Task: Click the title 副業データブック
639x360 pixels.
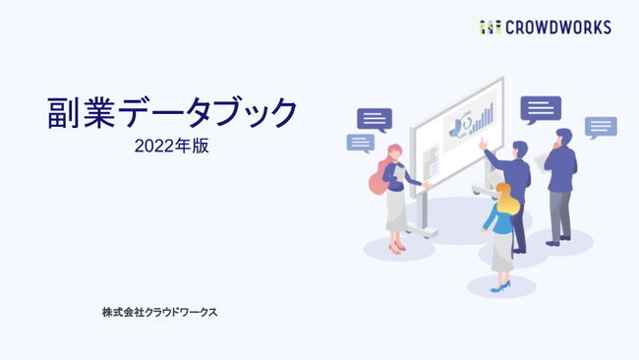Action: click(172, 113)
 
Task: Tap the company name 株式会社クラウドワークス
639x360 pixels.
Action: click(159, 312)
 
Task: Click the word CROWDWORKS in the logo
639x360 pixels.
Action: click(558, 27)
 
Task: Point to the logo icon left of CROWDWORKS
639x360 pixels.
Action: click(491, 27)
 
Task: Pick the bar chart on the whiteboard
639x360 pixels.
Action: click(485, 122)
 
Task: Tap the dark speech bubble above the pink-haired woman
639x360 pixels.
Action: click(374, 119)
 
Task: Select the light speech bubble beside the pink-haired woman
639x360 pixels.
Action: click(361, 143)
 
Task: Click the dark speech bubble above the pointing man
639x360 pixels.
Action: click(541, 108)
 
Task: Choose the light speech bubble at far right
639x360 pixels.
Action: click(601, 127)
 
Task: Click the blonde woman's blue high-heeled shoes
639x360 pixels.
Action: click(500, 286)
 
